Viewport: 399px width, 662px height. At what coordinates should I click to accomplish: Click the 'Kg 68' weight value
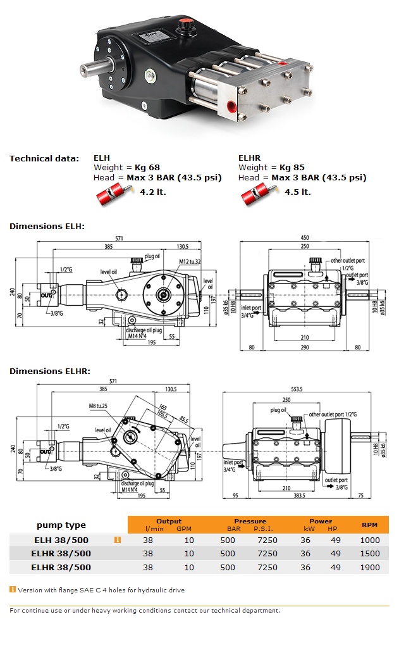[x=147, y=167]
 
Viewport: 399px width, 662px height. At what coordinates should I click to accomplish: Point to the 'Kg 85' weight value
[x=292, y=167]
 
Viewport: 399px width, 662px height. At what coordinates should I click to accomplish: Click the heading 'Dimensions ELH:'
[x=47, y=226]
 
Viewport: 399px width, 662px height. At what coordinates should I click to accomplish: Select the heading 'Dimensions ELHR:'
[x=49, y=371]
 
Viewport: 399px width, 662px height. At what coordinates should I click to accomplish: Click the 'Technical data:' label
[x=44, y=158]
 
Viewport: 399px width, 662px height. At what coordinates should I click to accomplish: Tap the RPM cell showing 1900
[x=370, y=568]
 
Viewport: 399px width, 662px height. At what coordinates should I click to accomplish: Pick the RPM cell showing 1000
[x=370, y=540]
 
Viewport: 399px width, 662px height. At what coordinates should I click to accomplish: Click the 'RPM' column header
[x=370, y=525]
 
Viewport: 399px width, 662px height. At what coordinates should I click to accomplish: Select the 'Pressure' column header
[x=250, y=521]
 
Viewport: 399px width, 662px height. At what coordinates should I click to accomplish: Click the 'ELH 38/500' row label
[x=61, y=540]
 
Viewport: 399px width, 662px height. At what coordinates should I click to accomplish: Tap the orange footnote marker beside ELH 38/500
[x=117, y=540]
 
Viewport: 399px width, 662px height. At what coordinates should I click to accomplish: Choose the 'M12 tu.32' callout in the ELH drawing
[x=189, y=261]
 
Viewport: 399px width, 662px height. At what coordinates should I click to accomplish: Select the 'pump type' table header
[x=61, y=525]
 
